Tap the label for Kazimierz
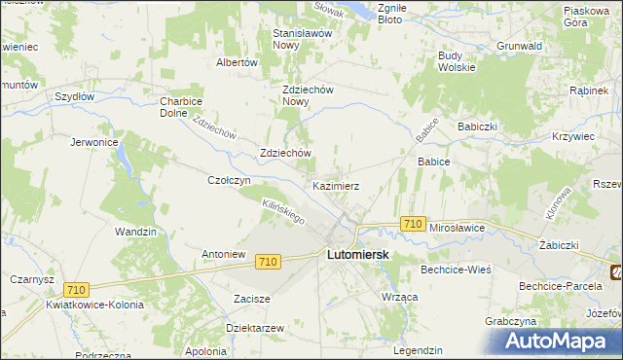click(337, 185)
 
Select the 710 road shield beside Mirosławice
click(412, 225)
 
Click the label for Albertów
click(236, 61)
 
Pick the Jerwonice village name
click(94, 142)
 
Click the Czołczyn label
click(231, 180)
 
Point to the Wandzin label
click(135, 232)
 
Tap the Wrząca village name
click(400, 295)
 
